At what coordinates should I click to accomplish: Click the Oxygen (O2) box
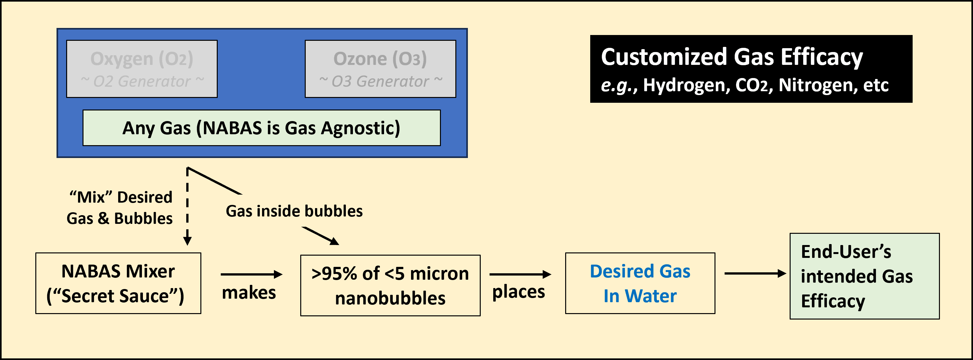[142, 69]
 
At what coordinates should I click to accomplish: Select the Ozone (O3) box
[380, 69]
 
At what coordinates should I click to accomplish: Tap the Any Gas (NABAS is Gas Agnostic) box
[261, 128]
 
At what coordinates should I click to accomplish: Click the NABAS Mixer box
[118, 283]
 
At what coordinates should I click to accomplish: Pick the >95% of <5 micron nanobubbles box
[390, 285]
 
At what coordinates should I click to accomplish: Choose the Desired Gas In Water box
[640, 283]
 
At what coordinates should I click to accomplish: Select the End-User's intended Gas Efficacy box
[864, 276]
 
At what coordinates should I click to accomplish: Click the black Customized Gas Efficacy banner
[751, 69]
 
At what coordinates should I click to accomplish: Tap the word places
[519, 292]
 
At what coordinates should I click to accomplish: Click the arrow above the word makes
[251, 274]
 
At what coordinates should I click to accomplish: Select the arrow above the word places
[521, 274]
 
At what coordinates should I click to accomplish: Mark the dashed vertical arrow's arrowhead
[187, 241]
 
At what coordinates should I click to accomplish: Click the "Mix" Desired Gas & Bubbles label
[120, 208]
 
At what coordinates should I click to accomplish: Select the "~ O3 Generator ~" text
[380, 81]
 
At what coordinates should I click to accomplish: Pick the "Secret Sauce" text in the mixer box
[115, 296]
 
